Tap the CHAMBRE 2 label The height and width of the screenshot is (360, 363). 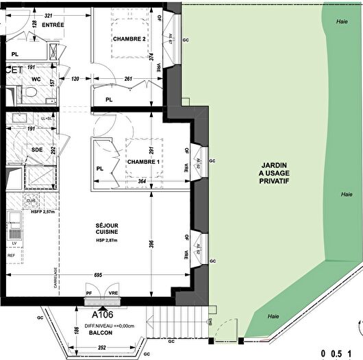tap(129, 38)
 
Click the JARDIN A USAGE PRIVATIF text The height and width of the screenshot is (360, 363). tap(274, 180)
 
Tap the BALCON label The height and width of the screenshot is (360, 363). tap(100, 333)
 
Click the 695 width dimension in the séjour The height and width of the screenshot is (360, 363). tap(98, 274)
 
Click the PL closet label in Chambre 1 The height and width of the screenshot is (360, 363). tap(99, 168)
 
